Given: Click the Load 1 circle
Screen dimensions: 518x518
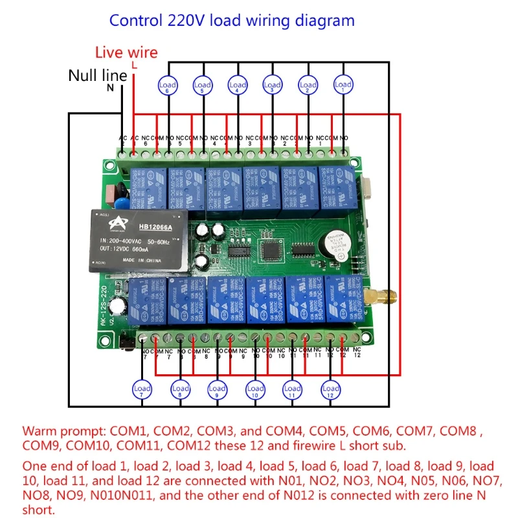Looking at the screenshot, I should (343, 84).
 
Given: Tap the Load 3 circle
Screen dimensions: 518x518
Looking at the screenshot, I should (273, 84).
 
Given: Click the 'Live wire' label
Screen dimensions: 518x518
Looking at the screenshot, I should (126, 52).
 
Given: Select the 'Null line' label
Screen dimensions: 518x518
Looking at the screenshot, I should (98, 75).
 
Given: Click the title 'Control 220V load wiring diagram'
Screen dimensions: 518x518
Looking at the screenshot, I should (232, 20).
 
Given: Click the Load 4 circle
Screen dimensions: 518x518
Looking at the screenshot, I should (238, 84).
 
